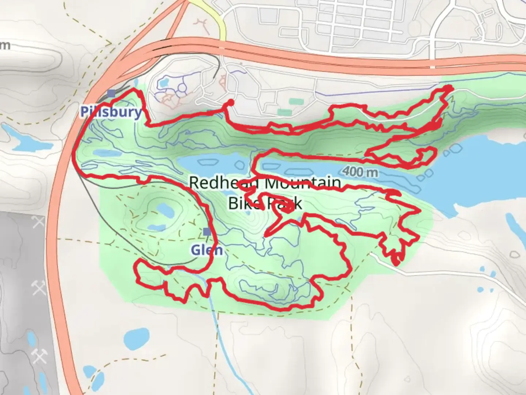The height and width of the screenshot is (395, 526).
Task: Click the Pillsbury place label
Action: pos(111,112)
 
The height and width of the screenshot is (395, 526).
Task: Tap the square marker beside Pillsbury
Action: pos(111,94)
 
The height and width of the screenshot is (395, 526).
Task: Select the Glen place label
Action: pos(206,250)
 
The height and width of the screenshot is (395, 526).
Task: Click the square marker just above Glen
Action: pos(207,231)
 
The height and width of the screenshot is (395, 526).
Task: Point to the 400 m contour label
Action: pos(361,172)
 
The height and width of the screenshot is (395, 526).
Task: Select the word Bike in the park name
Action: pos(243,203)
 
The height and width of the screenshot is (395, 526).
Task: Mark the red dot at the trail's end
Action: pos(231,102)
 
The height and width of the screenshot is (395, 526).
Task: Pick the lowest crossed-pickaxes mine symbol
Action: pos(39,355)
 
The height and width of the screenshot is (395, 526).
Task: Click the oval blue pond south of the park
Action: pos(136,340)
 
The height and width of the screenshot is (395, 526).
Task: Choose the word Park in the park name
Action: pos(286,203)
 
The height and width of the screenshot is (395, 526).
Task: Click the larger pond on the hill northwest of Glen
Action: pos(163,210)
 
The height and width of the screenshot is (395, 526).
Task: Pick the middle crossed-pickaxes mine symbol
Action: pos(39,288)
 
